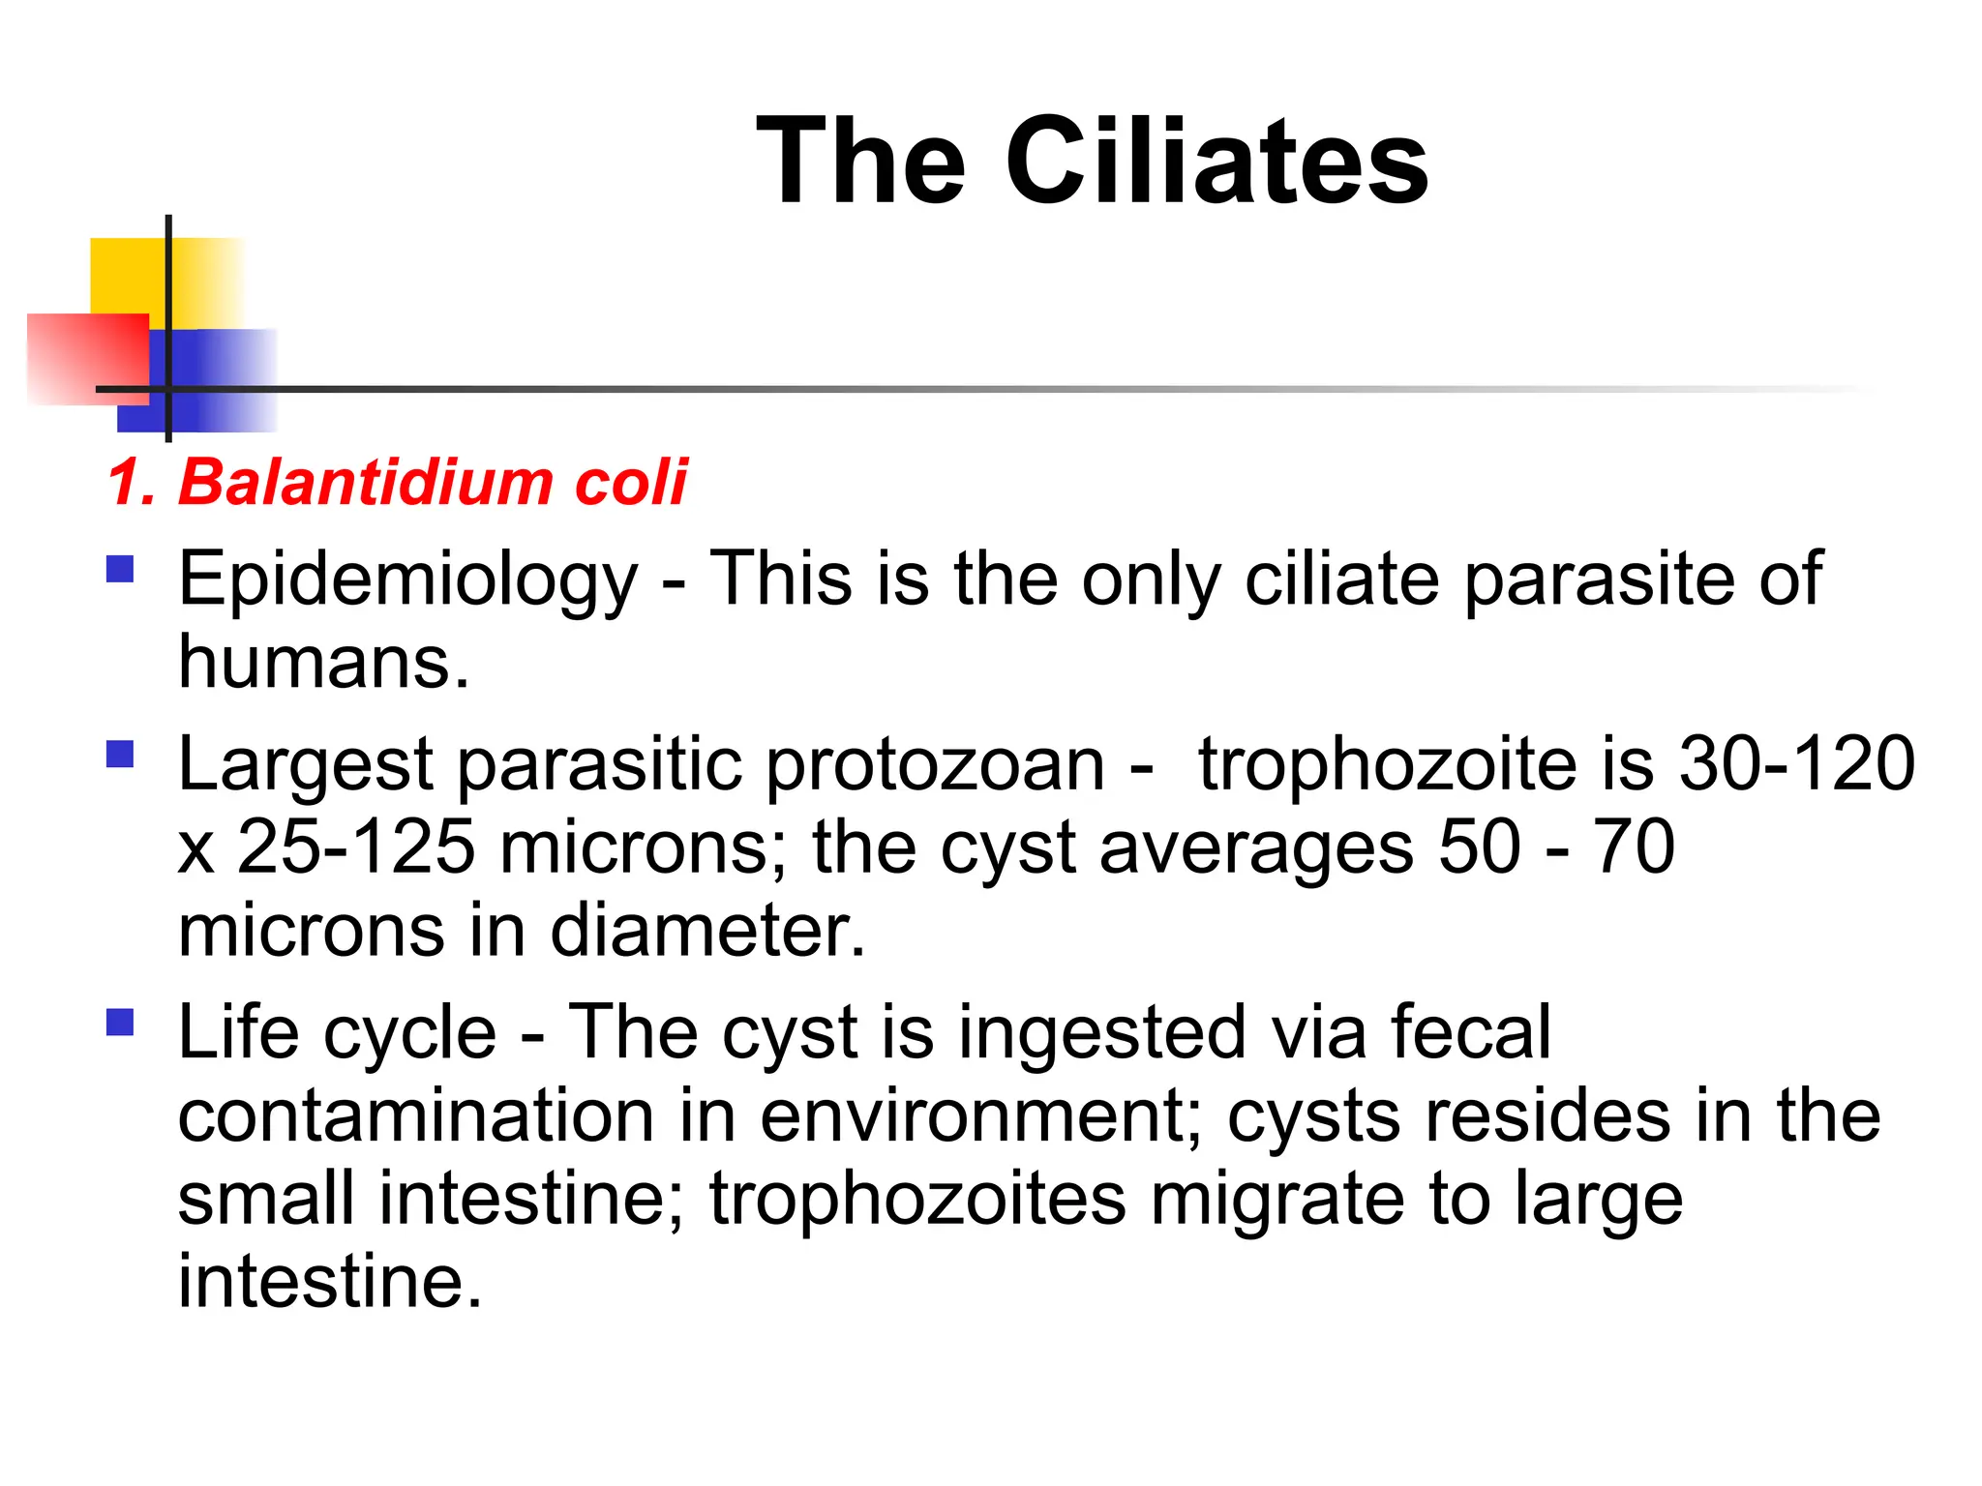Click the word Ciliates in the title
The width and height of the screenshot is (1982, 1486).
point(1216,161)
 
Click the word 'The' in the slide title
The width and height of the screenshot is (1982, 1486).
point(860,161)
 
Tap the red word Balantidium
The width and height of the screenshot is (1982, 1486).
point(366,482)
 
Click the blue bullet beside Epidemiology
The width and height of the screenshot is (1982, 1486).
point(120,568)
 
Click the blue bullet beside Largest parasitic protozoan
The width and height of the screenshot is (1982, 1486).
point(120,753)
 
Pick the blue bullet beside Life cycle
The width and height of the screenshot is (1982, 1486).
point(120,1022)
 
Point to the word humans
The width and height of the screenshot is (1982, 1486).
point(323,664)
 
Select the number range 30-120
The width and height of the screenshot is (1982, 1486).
point(1796,764)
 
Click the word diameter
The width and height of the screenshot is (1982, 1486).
point(707,931)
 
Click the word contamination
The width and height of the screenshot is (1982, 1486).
point(416,1116)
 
